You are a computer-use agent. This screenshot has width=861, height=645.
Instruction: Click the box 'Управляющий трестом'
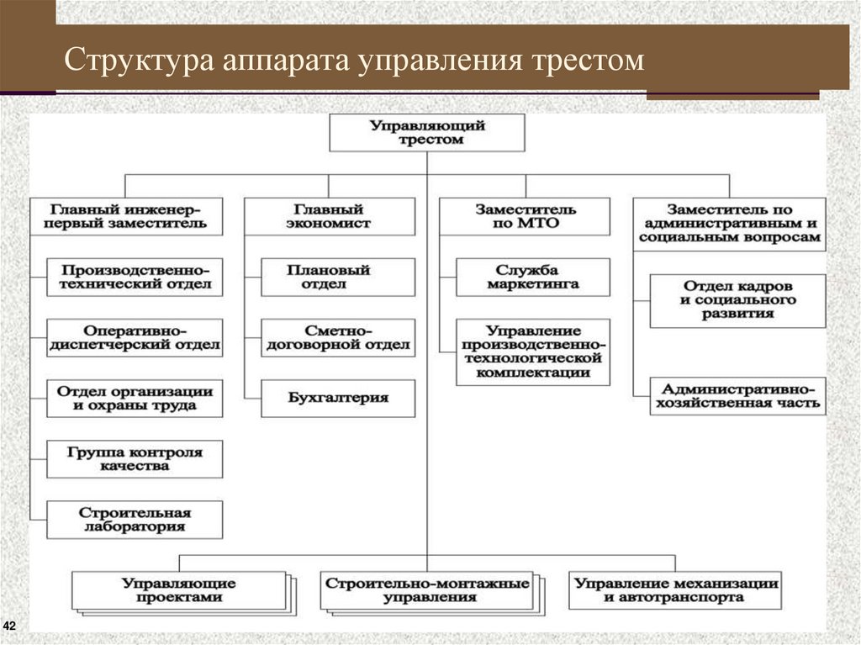427,133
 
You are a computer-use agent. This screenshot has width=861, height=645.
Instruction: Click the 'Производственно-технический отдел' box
135,277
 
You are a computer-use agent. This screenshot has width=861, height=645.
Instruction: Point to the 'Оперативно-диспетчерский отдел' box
135,337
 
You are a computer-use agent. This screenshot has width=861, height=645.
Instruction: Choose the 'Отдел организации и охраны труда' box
135,398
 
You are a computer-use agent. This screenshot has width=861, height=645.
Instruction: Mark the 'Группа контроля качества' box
135,458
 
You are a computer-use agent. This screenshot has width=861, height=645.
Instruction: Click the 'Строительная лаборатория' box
135,519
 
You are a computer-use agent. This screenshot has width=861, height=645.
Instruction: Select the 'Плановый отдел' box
338,277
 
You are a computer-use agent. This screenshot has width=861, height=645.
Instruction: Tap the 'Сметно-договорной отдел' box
338,337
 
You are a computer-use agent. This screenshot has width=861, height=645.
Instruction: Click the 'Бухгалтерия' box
338,398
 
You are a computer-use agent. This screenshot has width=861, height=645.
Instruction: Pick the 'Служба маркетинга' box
533,277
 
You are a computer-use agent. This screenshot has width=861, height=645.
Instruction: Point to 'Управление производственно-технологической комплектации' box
533,352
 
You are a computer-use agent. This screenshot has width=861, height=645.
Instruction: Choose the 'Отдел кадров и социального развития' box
737,300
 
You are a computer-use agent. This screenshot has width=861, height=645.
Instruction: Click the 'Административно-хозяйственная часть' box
737,396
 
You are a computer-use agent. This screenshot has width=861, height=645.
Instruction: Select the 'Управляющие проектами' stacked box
178,590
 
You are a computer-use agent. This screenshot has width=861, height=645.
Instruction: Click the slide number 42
11,626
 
